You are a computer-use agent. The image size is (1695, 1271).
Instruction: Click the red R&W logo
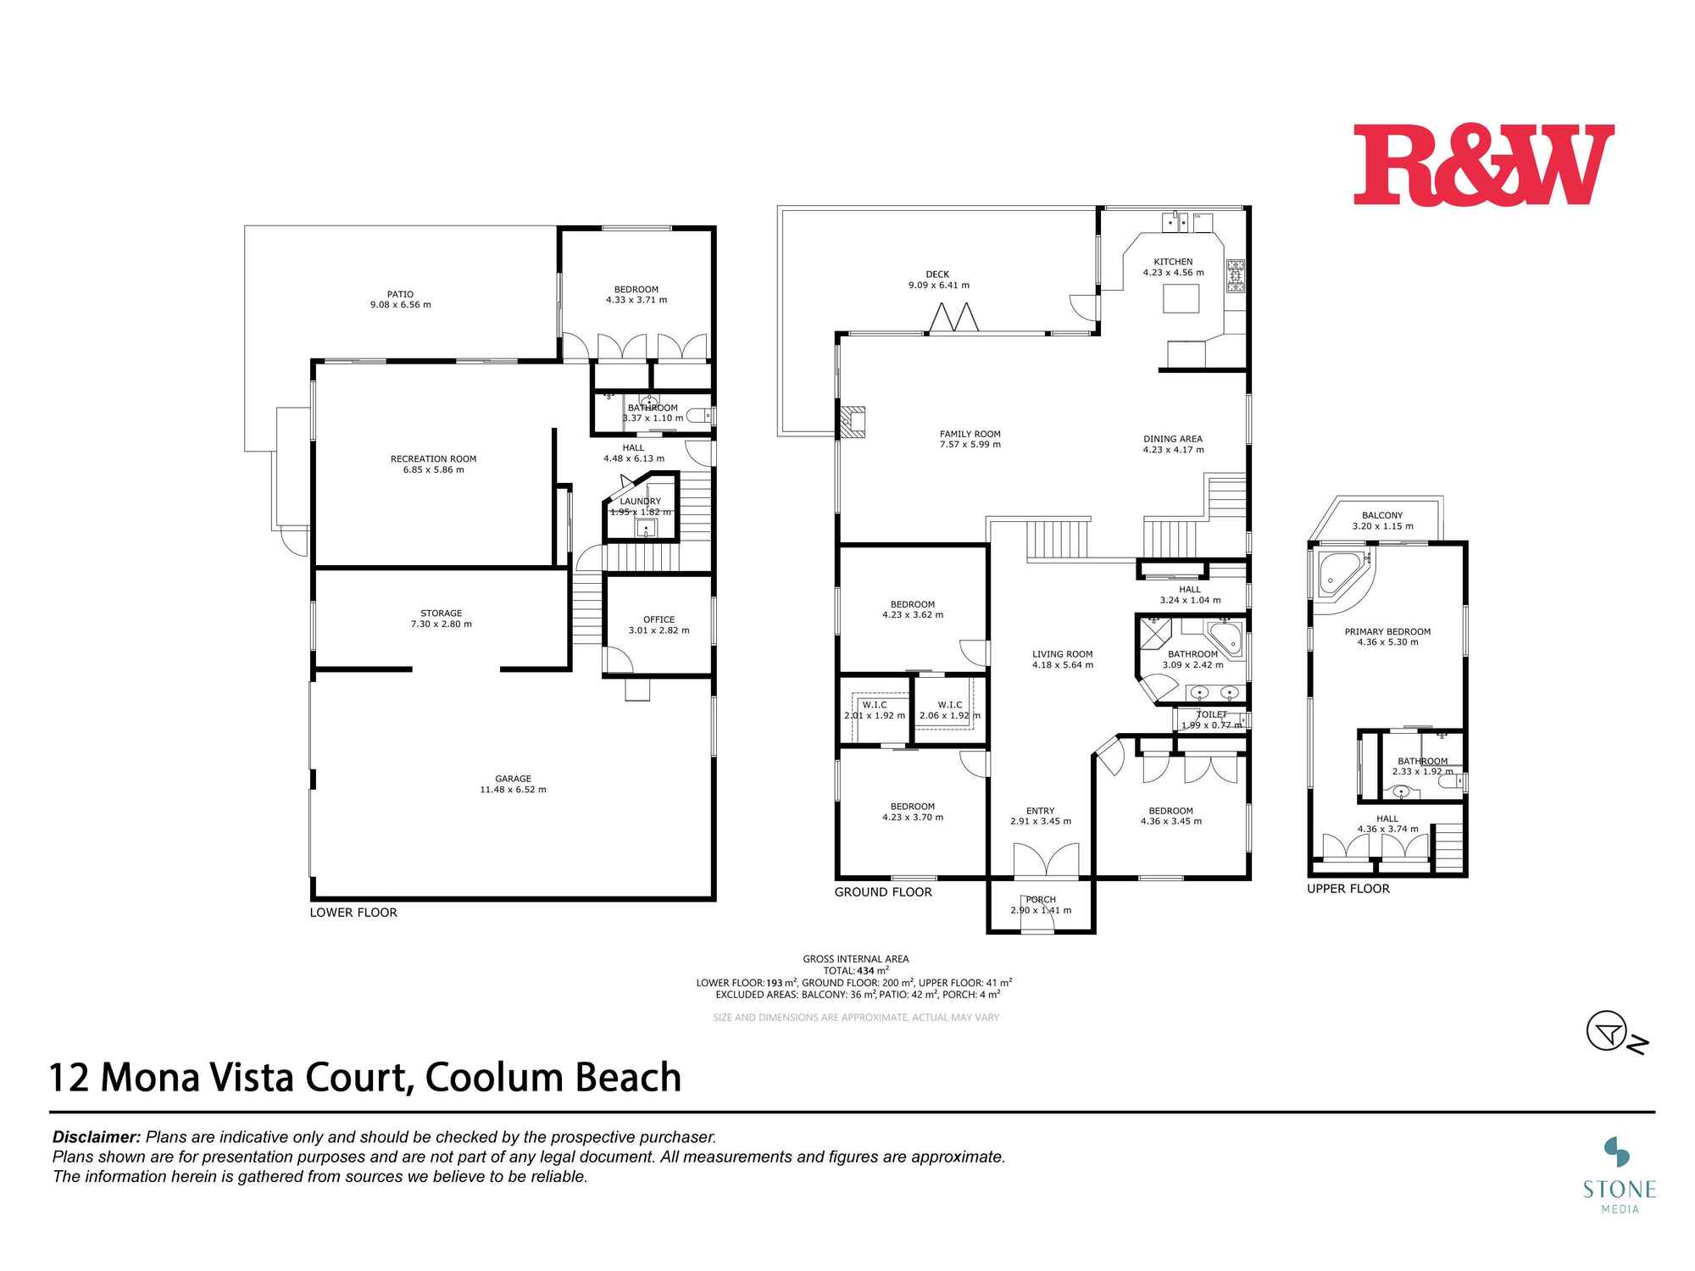[1483, 164]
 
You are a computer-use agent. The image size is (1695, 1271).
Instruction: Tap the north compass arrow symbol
[1608, 1032]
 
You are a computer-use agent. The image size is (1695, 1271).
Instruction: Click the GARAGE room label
[513, 779]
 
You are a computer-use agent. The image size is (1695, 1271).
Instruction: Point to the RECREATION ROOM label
[433, 459]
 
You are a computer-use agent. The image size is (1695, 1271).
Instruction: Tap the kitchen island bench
[1181, 299]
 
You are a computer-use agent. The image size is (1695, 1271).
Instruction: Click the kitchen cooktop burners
[1236, 276]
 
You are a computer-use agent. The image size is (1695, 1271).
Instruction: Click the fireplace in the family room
[852, 422]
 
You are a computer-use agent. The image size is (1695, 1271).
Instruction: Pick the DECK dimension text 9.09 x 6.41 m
[938, 286]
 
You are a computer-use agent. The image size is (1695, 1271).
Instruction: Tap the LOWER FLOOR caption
[353, 913]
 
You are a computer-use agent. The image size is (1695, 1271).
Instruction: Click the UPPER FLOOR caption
[1348, 889]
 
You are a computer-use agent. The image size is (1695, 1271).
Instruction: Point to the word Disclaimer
[96, 1137]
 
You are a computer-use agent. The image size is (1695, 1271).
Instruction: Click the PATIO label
[400, 294]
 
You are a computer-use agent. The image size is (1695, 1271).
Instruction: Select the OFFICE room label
[659, 619]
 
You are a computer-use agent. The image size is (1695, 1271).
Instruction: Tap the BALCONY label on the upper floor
[1382, 515]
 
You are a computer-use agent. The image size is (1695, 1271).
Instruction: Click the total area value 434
[866, 971]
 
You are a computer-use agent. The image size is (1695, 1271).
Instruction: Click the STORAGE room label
[441, 613]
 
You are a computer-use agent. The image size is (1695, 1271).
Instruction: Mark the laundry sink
[646, 530]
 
